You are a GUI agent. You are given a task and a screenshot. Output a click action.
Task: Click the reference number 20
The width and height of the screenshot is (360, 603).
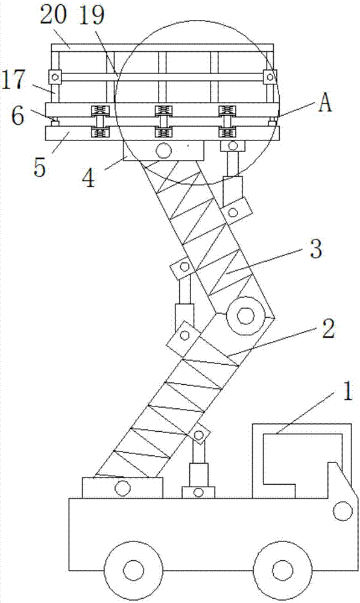coord(54,16)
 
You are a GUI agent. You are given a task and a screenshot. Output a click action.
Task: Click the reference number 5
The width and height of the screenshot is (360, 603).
coord(40,167)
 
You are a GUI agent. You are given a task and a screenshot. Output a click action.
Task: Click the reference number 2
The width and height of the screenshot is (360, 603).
coord(328,329)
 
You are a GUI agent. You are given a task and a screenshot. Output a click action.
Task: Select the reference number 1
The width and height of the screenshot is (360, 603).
coord(347,392)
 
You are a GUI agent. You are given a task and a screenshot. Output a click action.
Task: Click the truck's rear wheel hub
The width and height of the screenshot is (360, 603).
coord(133,568)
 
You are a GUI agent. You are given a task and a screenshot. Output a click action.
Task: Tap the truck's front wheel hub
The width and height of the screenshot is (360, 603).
coord(282,568)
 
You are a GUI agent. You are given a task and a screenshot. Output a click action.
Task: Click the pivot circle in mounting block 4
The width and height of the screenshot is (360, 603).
coord(163,150)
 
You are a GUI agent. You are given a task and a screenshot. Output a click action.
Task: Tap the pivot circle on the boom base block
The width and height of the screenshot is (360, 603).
coord(122,489)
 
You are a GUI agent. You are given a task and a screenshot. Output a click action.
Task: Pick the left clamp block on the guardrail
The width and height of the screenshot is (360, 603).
coord(55,77)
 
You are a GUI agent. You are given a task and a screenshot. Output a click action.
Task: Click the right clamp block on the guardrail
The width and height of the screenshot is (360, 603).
coord(270,77)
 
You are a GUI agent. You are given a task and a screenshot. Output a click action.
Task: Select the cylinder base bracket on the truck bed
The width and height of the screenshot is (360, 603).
coord(198,492)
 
